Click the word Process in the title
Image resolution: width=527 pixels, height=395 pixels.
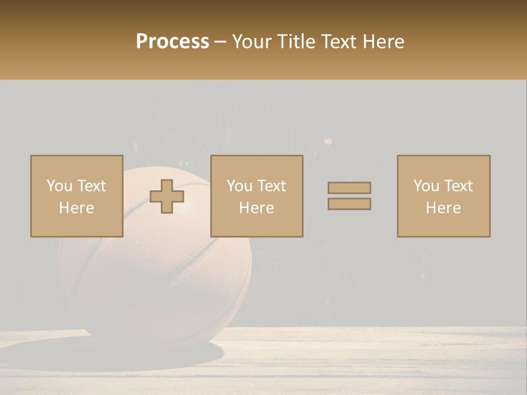pyautogui.click(x=172, y=42)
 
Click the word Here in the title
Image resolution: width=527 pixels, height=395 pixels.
pyautogui.click(x=384, y=42)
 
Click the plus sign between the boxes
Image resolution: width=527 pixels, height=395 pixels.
pyautogui.click(x=167, y=196)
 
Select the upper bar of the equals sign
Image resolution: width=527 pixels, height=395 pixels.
pyautogui.click(x=349, y=188)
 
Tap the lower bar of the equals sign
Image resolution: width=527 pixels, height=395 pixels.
pyautogui.click(x=349, y=204)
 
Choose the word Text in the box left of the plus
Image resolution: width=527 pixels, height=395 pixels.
pyautogui.click(x=91, y=186)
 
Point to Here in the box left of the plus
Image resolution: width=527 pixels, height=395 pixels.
pyautogui.click(x=76, y=208)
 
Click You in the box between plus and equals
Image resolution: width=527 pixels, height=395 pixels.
pyautogui.click(x=239, y=186)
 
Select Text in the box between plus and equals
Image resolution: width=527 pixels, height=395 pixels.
pyautogui.click(x=271, y=186)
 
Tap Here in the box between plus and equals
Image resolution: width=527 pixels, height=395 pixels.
pyautogui.click(x=256, y=208)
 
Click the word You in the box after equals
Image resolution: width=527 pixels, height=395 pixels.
pyautogui.click(x=426, y=186)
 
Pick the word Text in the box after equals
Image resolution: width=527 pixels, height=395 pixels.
pyautogui.click(x=458, y=186)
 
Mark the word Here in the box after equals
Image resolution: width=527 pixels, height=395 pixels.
pyautogui.click(x=443, y=208)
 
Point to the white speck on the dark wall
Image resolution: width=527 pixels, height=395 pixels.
pyautogui.click(x=328, y=142)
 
